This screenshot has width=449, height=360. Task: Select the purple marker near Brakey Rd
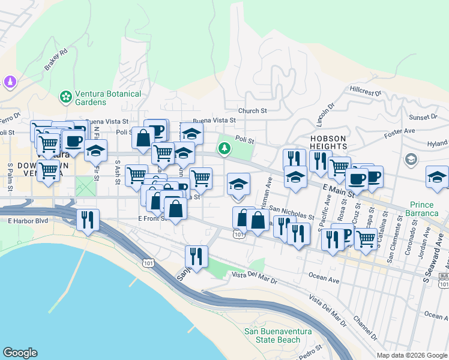pyautogui.click(x=10, y=80)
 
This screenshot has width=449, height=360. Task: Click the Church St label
pyautogui.click(x=252, y=111)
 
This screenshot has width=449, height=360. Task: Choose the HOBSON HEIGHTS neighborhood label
pyautogui.click(x=328, y=143)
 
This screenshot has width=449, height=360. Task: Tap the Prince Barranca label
pyautogui.click(x=429, y=209)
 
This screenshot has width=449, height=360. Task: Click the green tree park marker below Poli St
pyautogui.click(x=224, y=148)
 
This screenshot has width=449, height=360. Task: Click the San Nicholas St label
pyautogui.click(x=292, y=213)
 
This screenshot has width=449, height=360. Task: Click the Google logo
pyautogui.click(x=20, y=353)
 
